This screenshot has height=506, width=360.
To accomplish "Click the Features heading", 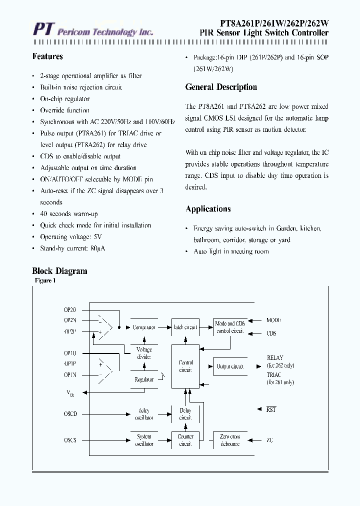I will click(x=47, y=56).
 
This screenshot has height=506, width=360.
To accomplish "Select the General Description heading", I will click(x=221, y=87).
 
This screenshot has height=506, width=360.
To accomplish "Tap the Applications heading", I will click(x=208, y=209).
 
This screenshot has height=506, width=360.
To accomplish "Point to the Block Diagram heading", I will click(x=59, y=271).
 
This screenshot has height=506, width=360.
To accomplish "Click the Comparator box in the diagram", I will click(x=144, y=327).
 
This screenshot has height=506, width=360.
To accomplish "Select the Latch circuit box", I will click(x=185, y=327).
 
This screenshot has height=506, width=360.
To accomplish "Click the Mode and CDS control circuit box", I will click(x=230, y=327).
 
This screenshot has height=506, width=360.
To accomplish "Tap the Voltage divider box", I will click(x=144, y=353).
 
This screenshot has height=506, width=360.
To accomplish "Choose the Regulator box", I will click(x=144, y=379).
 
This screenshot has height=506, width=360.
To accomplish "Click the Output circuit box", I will click(x=230, y=366).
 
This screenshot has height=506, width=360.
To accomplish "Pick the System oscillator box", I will click(x=144, y=440).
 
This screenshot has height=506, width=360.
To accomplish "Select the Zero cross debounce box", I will click(x=230, y=440).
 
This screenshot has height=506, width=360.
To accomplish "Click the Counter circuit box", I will click(x=185, y=440).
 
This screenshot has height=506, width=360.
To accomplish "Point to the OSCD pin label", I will click(x=70, y=414).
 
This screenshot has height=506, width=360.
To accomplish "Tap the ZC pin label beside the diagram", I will click(x=270, y=440).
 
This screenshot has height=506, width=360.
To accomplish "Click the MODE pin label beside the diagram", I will click(x=273, y=320).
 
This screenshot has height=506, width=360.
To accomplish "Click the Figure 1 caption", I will click(x=45, y=281).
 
